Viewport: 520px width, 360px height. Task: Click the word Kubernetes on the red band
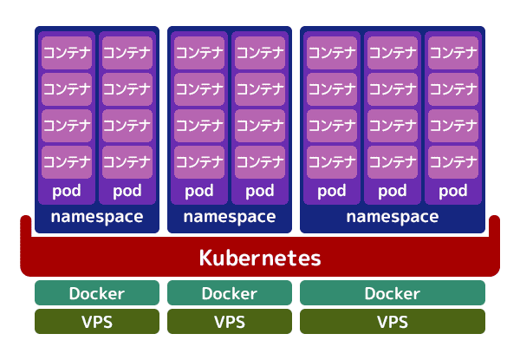point(260,258)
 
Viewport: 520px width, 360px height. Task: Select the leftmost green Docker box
point(97,293)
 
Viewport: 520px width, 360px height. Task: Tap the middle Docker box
point(229,293)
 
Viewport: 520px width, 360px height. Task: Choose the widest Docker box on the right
point(393,293)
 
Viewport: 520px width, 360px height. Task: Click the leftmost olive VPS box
point(97,322)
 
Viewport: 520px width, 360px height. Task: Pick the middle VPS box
point(229,322)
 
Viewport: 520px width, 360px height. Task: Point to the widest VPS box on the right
point(393,322)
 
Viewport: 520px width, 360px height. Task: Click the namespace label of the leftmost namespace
point(97,217)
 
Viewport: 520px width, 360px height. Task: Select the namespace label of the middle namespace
point(229,217)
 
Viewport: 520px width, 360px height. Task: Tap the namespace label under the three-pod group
point(393,217)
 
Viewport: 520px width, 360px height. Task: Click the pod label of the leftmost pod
point(67,191)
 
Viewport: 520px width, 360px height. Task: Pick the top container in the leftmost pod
point(67,52)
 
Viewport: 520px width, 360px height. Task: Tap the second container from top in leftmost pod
point(67,88)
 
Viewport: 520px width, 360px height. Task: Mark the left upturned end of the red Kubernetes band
point(25,227)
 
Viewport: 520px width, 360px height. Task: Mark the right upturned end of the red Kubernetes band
point(495,227)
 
